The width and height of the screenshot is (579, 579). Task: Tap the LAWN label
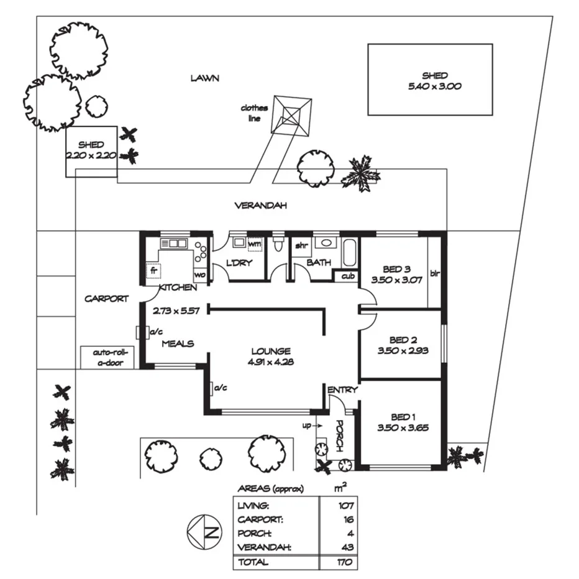click(x=205, y=78)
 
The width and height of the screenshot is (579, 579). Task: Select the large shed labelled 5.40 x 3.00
click(x=430, y=80)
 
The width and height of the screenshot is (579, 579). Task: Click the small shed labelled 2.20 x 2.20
click(x=91, y=151)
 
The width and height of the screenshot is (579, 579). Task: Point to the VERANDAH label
click(x=260, y=206)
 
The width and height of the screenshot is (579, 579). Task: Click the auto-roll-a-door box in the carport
click(x=108, y=357)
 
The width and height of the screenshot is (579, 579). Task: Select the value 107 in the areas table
click(x=345, y=505)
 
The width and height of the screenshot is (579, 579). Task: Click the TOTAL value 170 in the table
click(x=345, y=562)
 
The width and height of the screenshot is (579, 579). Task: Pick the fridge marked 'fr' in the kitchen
click(x=153, y=271)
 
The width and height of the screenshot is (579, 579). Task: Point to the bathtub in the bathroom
click(x=349, y=253)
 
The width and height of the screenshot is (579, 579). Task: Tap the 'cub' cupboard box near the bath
click(x=346, y=276)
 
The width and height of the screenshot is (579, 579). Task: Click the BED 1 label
click(x=401, y=416)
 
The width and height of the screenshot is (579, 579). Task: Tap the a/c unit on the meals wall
click(x=142, y=334)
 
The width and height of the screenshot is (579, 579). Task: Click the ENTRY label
click(x=342, y=390)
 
